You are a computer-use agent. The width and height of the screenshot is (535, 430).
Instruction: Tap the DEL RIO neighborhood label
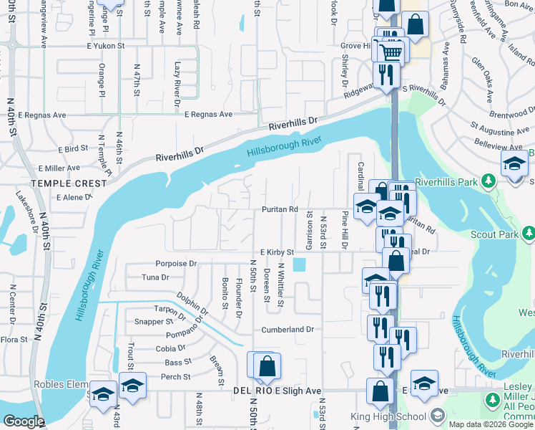click(253, 391)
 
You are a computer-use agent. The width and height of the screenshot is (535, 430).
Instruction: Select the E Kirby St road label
click(278, 252)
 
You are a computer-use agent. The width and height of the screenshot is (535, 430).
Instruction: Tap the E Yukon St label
click(106, 44)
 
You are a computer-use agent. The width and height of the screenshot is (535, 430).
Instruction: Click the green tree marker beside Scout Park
click(529, 233)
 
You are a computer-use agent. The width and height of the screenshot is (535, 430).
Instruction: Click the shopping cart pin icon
click(391, 52)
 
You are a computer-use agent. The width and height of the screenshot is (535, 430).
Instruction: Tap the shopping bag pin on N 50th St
click(266, 367)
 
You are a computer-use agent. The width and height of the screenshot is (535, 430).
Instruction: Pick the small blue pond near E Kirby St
click(299, 264)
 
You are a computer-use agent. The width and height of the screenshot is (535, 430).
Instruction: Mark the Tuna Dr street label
click(154, 277)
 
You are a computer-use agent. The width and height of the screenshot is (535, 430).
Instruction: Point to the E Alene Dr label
click(74, 196)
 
